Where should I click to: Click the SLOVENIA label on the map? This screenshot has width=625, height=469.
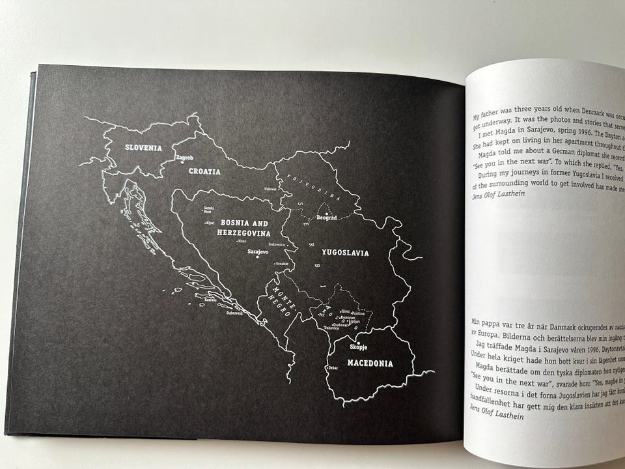coord(143,148)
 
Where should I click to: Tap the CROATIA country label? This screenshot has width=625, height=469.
coord(204,173)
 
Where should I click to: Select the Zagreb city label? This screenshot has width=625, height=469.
coord(185,158)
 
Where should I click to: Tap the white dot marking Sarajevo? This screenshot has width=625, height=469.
coord(258,257)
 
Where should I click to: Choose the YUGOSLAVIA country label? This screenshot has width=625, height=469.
coord(345,253)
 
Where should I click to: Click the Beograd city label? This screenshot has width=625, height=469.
coord(326,218)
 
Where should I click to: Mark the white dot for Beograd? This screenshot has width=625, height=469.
coord(326,213)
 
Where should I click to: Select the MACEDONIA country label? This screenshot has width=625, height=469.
coord(370,363)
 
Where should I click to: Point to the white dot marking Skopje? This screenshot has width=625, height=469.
coord(358,343)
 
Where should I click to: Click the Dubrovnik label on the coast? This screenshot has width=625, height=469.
coord(234,313)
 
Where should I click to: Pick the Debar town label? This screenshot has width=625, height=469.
coord(333,369)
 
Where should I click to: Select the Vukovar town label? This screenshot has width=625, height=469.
coord(270,189)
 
